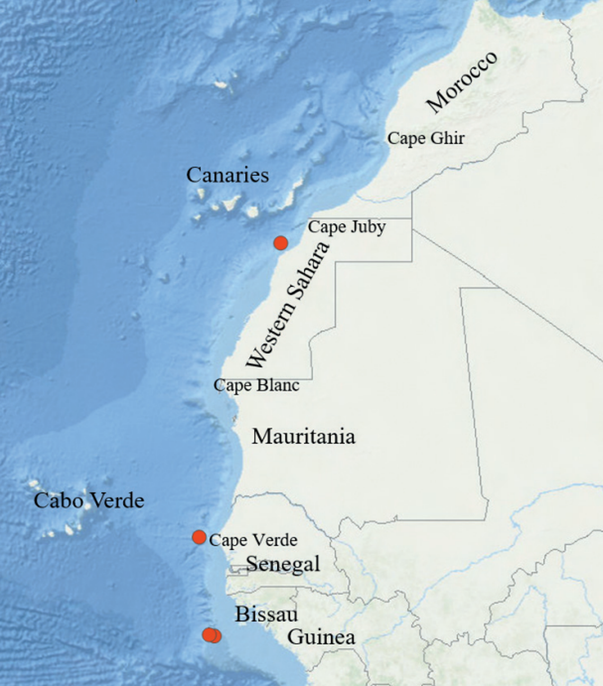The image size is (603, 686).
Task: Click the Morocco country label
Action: click(x=462, y=81)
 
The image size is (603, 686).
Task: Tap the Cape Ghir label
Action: click(x=426, y=139)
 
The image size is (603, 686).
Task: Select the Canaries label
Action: click(x=227, y=175)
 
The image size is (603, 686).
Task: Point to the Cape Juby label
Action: click(x=346, y=227)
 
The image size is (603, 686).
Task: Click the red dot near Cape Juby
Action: click(x=280, y=243)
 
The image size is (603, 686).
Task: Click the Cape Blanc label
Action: click(x=257, y=385)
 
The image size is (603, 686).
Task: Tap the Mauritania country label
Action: click(x=303, y=437)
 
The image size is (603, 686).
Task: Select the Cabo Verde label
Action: click(x=89, y=501)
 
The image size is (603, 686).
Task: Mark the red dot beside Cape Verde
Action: click(x=199, y=537)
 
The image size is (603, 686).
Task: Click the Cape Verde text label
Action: click(x=253, y=540)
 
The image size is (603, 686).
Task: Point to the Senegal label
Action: click(x=283, y=564)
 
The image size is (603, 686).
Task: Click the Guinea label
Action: click(x=321, y=637)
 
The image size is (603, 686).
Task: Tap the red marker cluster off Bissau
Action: click(x=212, y=635)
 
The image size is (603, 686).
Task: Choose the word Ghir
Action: click(x=447, y=139)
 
